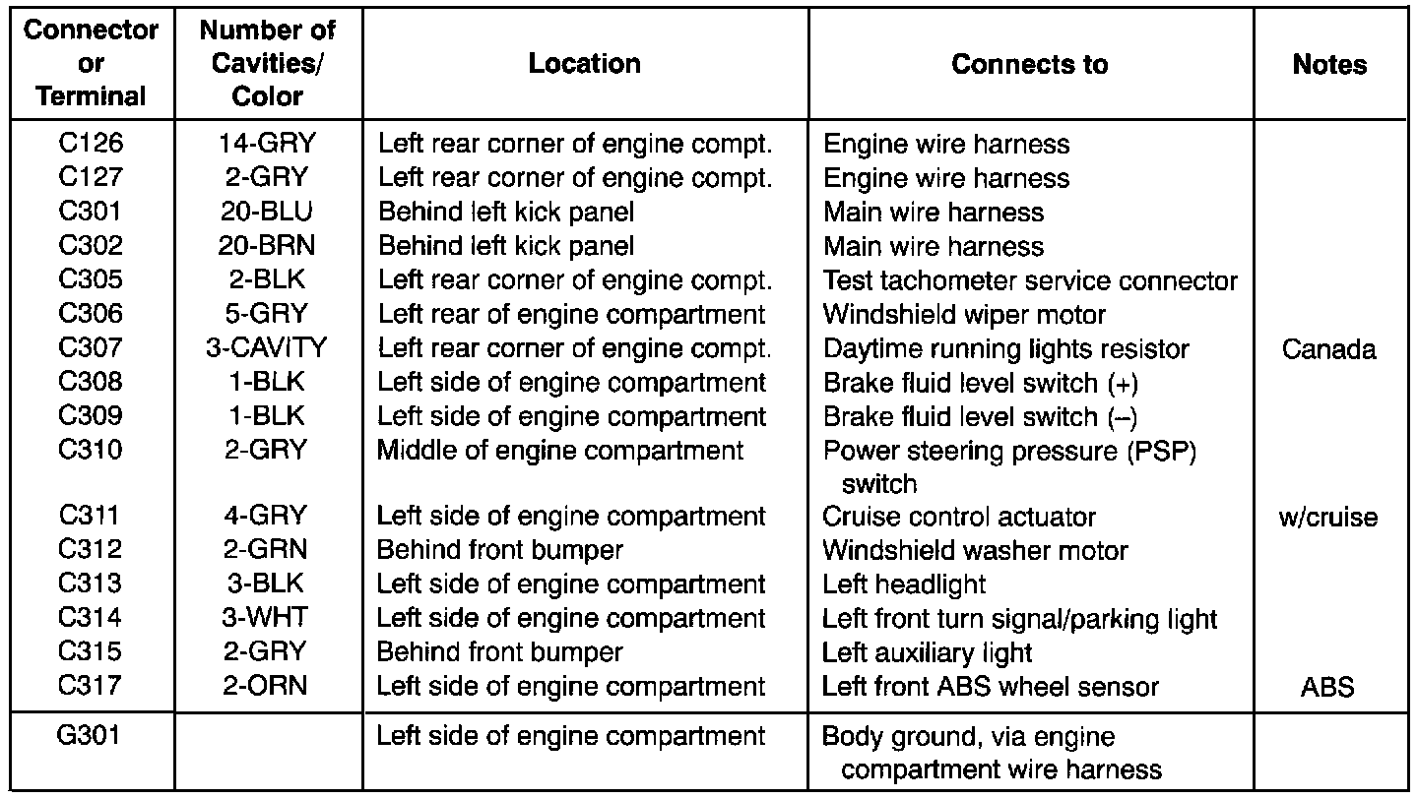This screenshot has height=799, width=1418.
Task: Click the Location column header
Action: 585,65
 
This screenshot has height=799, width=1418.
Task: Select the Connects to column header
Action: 1029,65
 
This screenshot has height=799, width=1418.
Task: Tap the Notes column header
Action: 1329,65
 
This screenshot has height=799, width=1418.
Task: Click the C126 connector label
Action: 91,144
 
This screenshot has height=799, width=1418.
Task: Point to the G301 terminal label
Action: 91,734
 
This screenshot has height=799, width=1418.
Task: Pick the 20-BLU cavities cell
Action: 267,212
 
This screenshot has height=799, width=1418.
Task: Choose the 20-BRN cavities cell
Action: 267,246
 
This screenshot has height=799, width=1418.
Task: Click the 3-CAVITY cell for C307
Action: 267,348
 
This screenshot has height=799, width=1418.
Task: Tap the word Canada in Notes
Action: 1329,349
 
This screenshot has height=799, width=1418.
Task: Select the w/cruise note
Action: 1329,517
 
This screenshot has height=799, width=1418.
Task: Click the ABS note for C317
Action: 1329,687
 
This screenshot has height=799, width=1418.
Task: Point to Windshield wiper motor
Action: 964,315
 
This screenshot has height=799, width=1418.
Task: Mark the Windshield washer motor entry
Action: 975,551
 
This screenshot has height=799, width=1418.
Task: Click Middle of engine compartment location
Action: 560,451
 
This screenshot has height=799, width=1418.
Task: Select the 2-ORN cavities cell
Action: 267,686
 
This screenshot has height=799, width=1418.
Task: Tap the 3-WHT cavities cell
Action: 267,618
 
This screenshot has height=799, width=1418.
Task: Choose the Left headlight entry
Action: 904,584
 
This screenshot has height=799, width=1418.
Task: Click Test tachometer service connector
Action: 1030,280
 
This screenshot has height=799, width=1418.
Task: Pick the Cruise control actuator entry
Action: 959,517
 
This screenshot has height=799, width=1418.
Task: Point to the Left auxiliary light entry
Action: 928,652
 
